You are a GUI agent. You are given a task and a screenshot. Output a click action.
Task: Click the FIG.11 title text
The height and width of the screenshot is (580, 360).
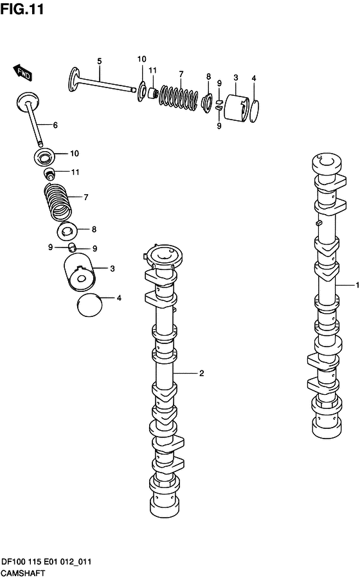22,8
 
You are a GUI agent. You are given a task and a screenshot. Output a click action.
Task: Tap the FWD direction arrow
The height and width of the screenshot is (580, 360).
23,73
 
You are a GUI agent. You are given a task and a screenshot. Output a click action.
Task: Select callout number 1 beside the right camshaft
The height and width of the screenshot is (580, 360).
357,285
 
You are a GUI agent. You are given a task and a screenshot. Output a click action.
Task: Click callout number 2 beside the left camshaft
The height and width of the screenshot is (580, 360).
201,373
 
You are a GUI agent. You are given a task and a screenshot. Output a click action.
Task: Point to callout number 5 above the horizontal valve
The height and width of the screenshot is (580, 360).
99,61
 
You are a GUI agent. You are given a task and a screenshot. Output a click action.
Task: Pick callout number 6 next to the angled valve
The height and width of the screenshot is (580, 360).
55,125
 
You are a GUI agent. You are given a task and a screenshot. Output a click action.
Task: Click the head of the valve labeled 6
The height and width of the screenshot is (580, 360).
28,100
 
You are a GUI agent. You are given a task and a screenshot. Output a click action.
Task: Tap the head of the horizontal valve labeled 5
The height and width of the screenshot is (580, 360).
75,79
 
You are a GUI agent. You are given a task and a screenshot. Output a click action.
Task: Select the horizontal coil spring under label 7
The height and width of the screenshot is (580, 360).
178,97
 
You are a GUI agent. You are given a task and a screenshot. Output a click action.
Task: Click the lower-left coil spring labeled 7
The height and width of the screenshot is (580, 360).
58,202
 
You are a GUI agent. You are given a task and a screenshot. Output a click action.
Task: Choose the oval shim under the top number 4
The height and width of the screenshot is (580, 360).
254,111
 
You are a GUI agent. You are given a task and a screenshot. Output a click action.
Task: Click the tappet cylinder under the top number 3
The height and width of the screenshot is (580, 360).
237,108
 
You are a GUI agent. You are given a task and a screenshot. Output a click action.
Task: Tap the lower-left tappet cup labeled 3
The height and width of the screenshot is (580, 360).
79,273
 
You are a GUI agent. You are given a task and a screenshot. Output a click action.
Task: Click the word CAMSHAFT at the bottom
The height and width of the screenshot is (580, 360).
22,574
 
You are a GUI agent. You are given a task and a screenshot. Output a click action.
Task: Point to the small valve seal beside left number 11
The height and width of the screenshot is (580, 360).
49,173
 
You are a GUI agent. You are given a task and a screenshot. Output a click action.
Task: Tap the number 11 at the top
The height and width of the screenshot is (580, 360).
152,70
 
